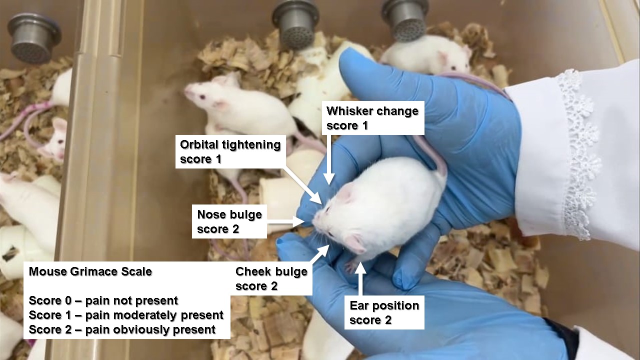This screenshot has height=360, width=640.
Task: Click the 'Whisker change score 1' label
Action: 372,118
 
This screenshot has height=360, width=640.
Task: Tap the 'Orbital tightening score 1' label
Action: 230,151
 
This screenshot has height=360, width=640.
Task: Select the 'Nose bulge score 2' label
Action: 229,221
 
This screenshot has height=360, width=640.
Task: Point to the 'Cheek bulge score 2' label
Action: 271,278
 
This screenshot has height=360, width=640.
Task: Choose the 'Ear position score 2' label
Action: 384,312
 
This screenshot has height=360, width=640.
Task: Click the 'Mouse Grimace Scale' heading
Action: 90,271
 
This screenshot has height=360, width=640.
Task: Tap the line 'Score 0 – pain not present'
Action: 103,300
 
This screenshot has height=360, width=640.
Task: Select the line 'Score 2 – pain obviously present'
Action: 122,329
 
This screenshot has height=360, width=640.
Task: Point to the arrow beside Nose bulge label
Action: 285,221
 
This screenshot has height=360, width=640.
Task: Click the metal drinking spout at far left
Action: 34,38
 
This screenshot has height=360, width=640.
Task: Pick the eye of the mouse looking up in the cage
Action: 202,97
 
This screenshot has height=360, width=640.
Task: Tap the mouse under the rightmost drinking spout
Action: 425,55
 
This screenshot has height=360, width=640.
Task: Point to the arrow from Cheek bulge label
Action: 320,253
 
